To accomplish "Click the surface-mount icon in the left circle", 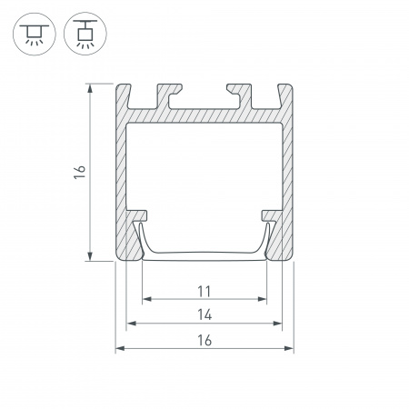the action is pyautogui.click(x=35, y=34).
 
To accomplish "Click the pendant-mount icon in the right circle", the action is pyautogui.click(x=85, y=34).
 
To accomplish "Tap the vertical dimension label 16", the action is pyautogui.click(x=80, y=172).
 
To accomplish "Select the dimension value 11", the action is pyautogui.click(x=204, y=292).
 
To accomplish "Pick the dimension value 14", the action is pyautogui.click(x=204, y=314).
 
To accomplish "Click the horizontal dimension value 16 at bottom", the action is pyautogui.click(x=204, y=340).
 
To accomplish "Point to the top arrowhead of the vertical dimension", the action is pyautogui.click(x=90, y=89).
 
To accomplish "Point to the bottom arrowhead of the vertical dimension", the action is pyautogui.click(x=90, y=255).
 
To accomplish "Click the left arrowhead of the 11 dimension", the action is pyautogui.click(x=147, y=299).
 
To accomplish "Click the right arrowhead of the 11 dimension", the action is pyautogui.click(x=262, y=299).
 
